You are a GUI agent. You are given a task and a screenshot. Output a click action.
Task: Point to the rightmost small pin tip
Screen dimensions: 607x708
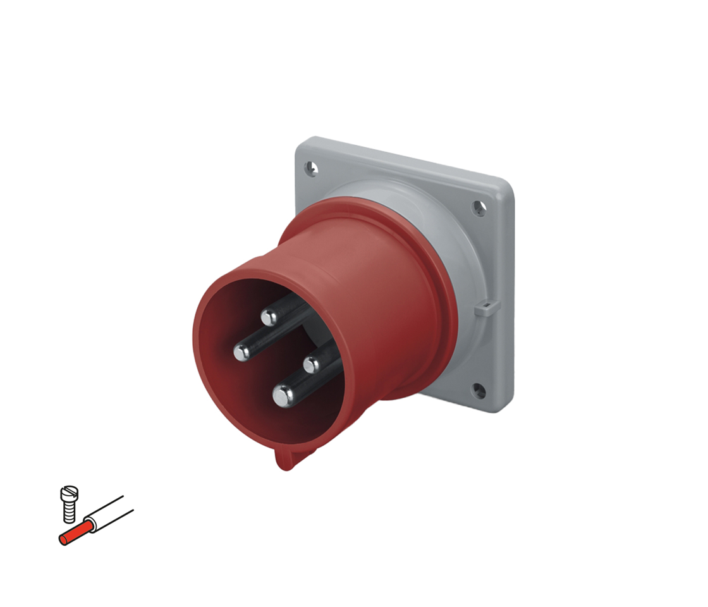pos(312,365)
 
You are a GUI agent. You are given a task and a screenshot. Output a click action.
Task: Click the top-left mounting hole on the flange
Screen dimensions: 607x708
pos(311,168)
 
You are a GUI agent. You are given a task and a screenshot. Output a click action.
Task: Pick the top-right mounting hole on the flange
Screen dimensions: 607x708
pos(480,208)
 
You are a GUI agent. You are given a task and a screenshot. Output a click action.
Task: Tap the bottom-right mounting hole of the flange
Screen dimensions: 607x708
pos(479,391)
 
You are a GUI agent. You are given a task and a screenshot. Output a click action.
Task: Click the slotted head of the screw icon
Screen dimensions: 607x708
pos(69,492)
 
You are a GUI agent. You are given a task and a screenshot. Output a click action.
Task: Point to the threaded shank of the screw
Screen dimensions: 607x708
pos(70,512)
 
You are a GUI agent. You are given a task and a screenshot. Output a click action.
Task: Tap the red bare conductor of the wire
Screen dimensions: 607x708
pos(75,533)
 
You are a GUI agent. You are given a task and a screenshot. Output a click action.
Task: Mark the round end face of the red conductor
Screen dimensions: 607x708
pos(63,539)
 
